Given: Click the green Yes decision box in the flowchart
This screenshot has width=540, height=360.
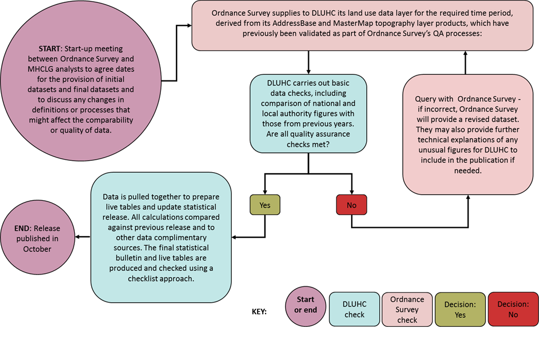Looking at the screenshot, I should [x=265, y=205].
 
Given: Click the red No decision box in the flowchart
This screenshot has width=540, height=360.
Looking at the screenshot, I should [x=352, y=205].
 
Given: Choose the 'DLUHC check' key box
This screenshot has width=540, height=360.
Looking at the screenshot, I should [x=354, y=309].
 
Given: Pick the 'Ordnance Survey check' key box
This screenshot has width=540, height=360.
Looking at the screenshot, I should [x=407, y=309].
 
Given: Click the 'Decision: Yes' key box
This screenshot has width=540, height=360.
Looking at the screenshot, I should [x=460, y=309].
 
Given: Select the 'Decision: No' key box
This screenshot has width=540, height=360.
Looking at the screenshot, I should [x=512, y=309].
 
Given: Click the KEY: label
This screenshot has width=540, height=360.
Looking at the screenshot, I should [x=259, y=310].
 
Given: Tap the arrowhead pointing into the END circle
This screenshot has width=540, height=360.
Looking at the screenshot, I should [x=78, y=237].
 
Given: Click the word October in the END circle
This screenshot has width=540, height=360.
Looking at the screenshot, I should [x=37, y=249].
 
